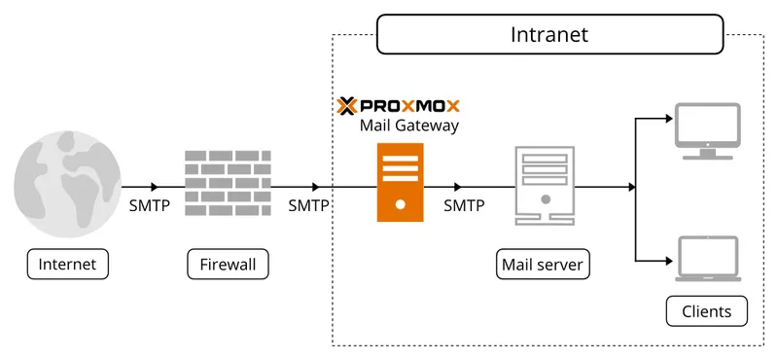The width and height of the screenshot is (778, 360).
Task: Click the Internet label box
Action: tap(67, 264)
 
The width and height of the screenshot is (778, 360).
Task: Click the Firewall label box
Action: tap(227, 264)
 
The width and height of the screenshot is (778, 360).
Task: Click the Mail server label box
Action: tap(544, 264)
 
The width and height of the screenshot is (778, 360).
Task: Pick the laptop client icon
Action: tap(709, 260)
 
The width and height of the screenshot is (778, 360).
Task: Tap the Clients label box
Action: tap(707, 311)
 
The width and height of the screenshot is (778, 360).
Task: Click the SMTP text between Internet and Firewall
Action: tap(149, 205)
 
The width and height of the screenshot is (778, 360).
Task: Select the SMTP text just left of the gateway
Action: tap(308, 205)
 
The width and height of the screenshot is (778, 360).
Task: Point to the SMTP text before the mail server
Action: tap(464, 205)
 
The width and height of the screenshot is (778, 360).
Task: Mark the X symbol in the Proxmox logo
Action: tap(347, 105)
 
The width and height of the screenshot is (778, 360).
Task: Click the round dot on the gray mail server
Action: tap(545, 199)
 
